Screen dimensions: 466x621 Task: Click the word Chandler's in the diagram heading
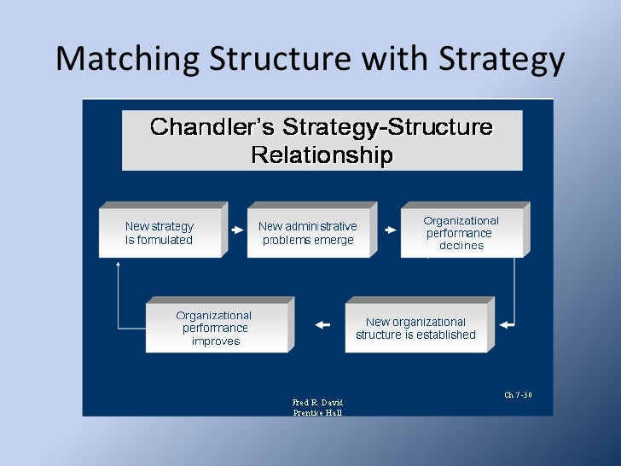(x=212, y=128)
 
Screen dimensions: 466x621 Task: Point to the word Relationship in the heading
(x=322, y=155)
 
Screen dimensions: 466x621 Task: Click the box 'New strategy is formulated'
(x=160, y=233)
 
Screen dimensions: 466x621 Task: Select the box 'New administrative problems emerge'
(x=308, y=233)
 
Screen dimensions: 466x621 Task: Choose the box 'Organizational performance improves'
(x=215, y=329)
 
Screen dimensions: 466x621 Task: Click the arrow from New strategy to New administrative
(x=237, y=230)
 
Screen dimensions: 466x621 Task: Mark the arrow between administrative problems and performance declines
(x=390, y=230)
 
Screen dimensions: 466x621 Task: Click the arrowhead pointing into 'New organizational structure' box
(x=505, y=324)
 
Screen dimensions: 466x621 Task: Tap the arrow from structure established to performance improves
(x=322, y=324)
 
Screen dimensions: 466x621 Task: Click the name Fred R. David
(x=317, y=402)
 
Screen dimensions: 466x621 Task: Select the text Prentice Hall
(x=317, y=412)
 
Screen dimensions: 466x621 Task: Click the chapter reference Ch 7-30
(x=518, y=395)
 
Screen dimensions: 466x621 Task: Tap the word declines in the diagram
(x=461, y=246)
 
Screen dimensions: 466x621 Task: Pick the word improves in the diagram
(x=216, y=341)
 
